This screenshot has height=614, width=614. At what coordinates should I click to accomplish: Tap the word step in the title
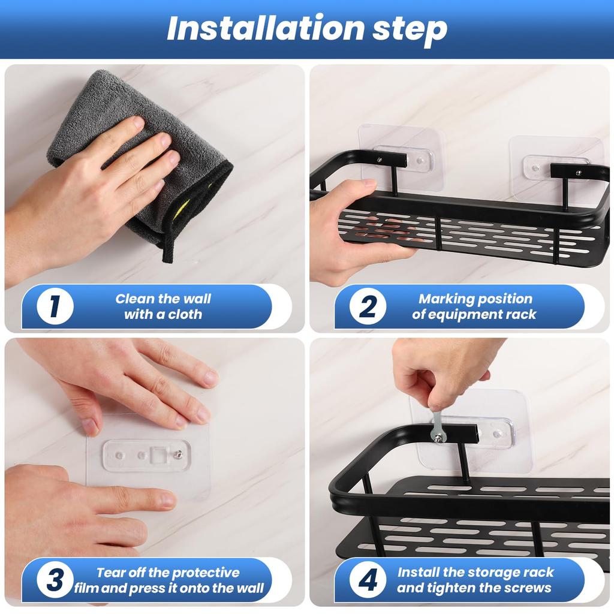[410, 31]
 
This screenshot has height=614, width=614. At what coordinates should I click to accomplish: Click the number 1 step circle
[55, 306]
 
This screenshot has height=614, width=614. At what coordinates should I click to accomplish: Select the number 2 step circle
[368, 306]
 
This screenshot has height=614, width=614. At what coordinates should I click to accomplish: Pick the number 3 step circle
[55, 580]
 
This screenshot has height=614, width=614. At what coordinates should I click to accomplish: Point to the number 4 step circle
[368, 580]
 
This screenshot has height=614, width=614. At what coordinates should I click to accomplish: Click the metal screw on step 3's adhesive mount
[179, 455]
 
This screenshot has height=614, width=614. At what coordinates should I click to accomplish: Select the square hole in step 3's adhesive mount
[159, 455]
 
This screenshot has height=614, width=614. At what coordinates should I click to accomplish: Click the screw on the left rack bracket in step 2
[380, 159]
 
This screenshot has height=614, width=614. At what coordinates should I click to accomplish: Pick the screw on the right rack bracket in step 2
[579, 172]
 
